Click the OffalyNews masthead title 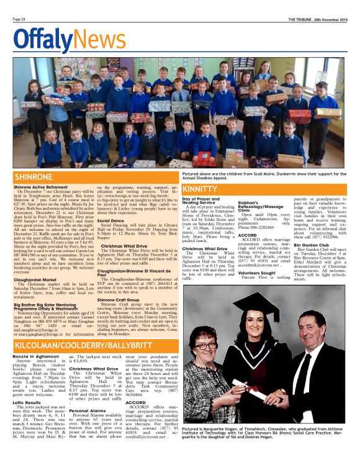pos(60,40)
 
